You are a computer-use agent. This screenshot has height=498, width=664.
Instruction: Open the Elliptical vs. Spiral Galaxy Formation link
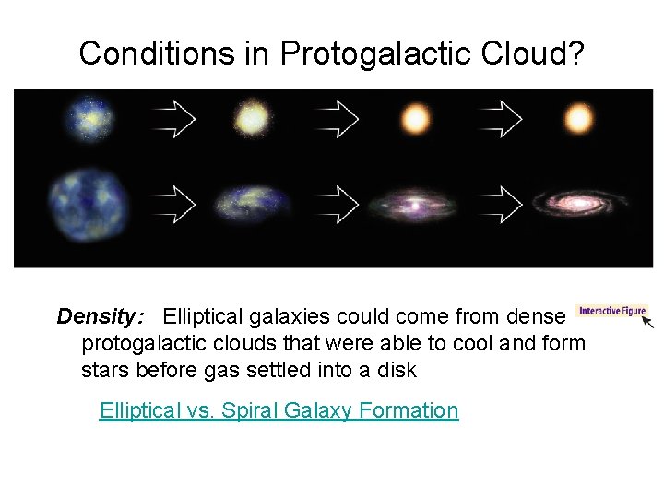coord(279,410)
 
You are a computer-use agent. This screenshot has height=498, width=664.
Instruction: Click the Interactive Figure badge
coord(611,311)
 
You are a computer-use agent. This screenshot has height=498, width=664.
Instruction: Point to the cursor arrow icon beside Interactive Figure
coord(648,322)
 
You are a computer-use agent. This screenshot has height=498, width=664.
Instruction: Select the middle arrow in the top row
coord(338,118)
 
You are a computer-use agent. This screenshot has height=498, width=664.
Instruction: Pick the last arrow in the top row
coord(501,118)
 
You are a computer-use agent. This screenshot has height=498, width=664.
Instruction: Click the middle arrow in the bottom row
coord(338,202)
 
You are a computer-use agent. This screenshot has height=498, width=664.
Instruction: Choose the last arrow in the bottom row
coord(501,202)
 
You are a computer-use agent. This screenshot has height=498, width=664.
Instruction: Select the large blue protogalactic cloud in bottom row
coord(90,201)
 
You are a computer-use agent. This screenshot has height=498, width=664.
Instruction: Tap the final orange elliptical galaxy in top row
coord(579,119)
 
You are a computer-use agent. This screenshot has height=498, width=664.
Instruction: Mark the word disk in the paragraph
coord(398,371)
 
